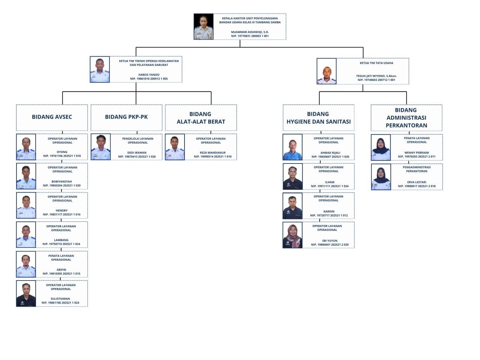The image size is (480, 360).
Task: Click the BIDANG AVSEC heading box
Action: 52,118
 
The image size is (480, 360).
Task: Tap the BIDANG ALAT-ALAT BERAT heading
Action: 201,118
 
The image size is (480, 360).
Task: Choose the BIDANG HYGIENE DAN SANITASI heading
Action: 318,118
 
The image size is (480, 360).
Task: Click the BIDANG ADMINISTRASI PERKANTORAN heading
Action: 406,118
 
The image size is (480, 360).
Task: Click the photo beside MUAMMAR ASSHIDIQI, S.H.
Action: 203,27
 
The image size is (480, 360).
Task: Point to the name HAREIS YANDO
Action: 149,75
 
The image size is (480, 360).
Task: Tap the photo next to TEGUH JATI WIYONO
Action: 327,71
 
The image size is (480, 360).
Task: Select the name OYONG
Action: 62,152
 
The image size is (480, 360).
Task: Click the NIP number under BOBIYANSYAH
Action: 61,186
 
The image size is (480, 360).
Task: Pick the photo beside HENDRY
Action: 26,205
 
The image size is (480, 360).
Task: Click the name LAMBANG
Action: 61,240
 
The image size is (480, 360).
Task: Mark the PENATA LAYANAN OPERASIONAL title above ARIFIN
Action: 61,258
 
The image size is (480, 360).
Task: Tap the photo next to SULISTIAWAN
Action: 26,293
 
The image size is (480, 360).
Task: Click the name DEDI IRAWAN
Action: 137,153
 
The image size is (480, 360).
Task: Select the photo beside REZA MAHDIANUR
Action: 175,147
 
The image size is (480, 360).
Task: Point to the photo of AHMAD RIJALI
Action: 292,147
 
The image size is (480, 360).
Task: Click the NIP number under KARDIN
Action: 329,216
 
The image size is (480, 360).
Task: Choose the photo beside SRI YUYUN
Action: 292,235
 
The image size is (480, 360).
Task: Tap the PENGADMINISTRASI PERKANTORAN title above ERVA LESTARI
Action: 417,169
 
